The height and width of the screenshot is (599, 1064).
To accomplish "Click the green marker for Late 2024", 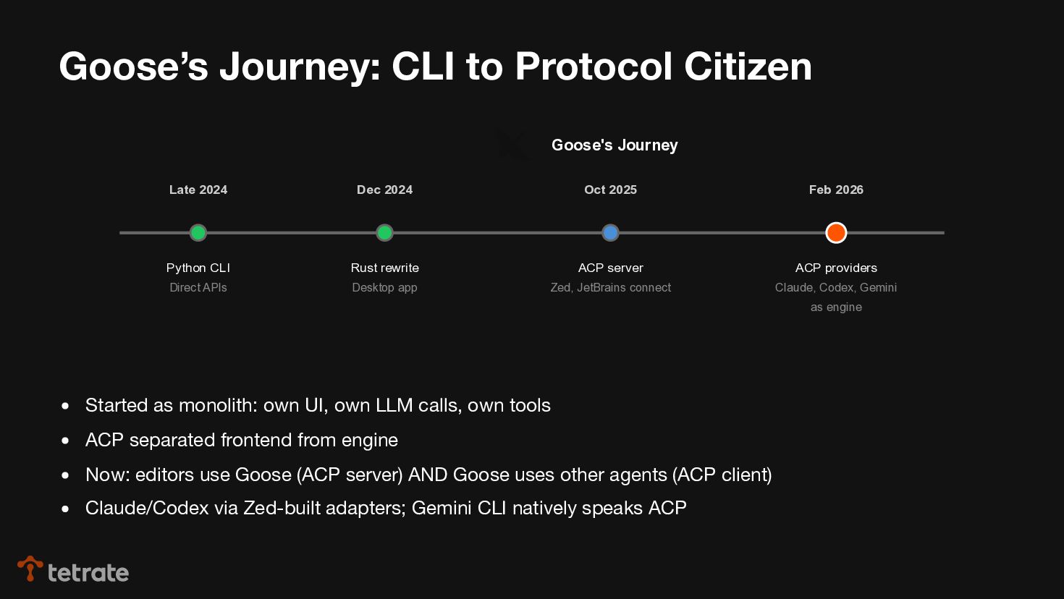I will pyautogui.click(x=198, y=233).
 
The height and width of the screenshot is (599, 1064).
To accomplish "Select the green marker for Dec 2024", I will pyautogui.click(x=384, y=233).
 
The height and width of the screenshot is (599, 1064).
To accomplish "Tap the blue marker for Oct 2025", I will pyautogui.click(x=610, y=233).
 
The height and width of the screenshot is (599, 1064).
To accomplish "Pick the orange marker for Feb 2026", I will pyautogui.click(x=836, y=233).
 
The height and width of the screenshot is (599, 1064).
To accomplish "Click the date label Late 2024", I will pyautogui.click(x=198, y=190).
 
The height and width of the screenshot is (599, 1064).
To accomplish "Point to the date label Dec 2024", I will pyautogui.click(x=384, y=190).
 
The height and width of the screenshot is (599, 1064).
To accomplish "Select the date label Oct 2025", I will pyautogui.click(x=610, y=190).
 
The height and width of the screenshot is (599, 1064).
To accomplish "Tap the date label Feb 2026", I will pyautogui.click(x=836, y=190).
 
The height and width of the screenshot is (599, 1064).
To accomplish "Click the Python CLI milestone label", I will pyautogui.click(x=198, y=268).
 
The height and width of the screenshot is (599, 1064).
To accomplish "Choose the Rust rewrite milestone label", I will pyautogui.click(x=384, y=268).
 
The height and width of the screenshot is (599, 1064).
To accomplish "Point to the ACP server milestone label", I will pyautogui.click(x=610, y=268).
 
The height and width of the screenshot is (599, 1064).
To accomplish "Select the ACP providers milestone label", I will pyautogui.click(x=836, y=268).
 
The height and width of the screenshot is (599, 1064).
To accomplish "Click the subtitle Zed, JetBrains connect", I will pyautogui.click(x=610, y=287).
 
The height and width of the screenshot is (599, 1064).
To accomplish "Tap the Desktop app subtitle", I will pyautogui.click(x=384, y=287).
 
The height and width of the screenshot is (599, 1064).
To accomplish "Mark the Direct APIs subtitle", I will pyautogui.click(x=198, y=287).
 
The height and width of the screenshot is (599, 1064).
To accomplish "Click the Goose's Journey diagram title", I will pyautogui.click(x=615, y=145).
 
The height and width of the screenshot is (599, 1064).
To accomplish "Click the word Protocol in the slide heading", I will pyautogui.click(x=594, y=67).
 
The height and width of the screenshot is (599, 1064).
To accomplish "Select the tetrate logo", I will pyautogui.click(x=73, y=571).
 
